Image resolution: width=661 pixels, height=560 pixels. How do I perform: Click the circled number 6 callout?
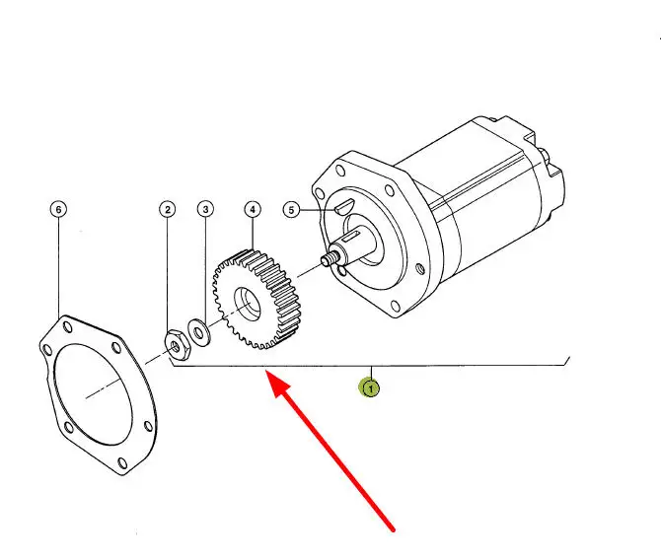58,209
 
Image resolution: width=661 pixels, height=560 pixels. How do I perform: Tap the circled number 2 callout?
168,209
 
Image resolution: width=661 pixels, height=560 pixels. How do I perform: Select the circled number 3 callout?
206,209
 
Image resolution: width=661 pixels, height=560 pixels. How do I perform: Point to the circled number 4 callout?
253,209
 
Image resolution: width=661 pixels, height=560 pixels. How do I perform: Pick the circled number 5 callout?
291,209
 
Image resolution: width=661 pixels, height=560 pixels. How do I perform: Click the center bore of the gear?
248,304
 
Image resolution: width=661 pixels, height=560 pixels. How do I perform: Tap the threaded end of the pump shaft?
330,257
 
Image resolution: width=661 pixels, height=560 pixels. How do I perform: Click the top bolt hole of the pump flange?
339,172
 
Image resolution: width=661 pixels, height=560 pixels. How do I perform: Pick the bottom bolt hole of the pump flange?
396,306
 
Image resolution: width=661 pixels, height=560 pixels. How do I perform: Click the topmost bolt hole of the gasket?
67,327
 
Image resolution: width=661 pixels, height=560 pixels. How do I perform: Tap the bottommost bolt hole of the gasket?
122,462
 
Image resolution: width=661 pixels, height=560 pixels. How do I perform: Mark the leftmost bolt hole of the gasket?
46,349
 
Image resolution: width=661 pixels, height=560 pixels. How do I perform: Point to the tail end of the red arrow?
393,528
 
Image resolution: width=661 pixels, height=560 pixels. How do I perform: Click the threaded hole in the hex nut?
175,346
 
